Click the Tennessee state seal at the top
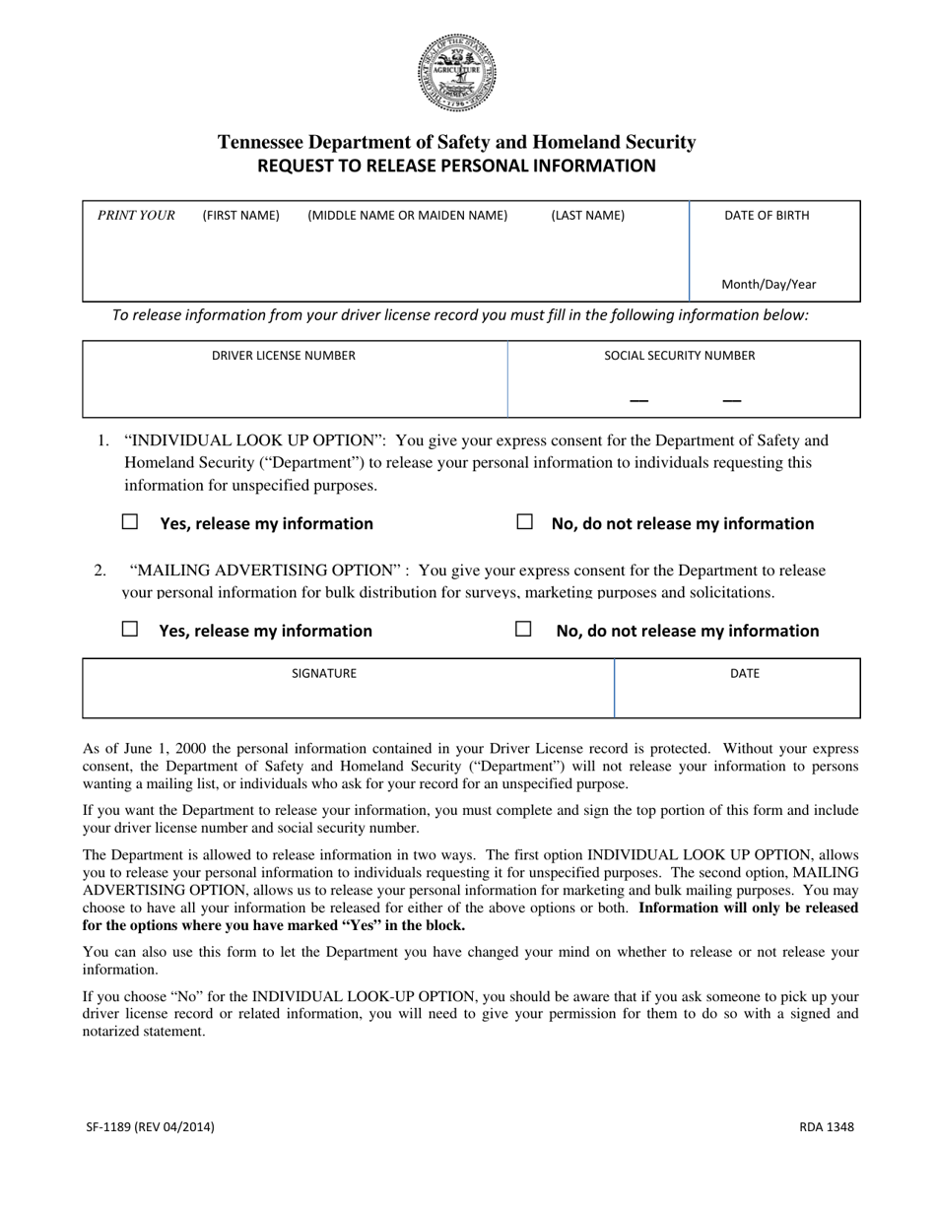[456, 73]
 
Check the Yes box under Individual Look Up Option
[130, 522]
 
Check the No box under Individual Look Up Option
[525, 522]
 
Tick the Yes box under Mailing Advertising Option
[130, 629]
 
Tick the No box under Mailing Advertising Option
[524, 629]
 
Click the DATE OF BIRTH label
[767, 216]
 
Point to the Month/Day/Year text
[769, 285]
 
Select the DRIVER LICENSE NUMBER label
[284, 356]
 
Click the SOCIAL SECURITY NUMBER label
[680, 356]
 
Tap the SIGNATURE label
[324, 674]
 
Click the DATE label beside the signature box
[745, 674]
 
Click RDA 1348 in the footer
[826, 1127]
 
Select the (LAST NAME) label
[587, 216]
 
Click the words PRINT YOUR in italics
[136, 216]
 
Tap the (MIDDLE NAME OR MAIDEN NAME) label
[408, 216]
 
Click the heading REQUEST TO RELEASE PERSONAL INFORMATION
[456, 166]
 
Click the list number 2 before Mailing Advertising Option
[100, 571]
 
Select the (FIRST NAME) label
[240, 216]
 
